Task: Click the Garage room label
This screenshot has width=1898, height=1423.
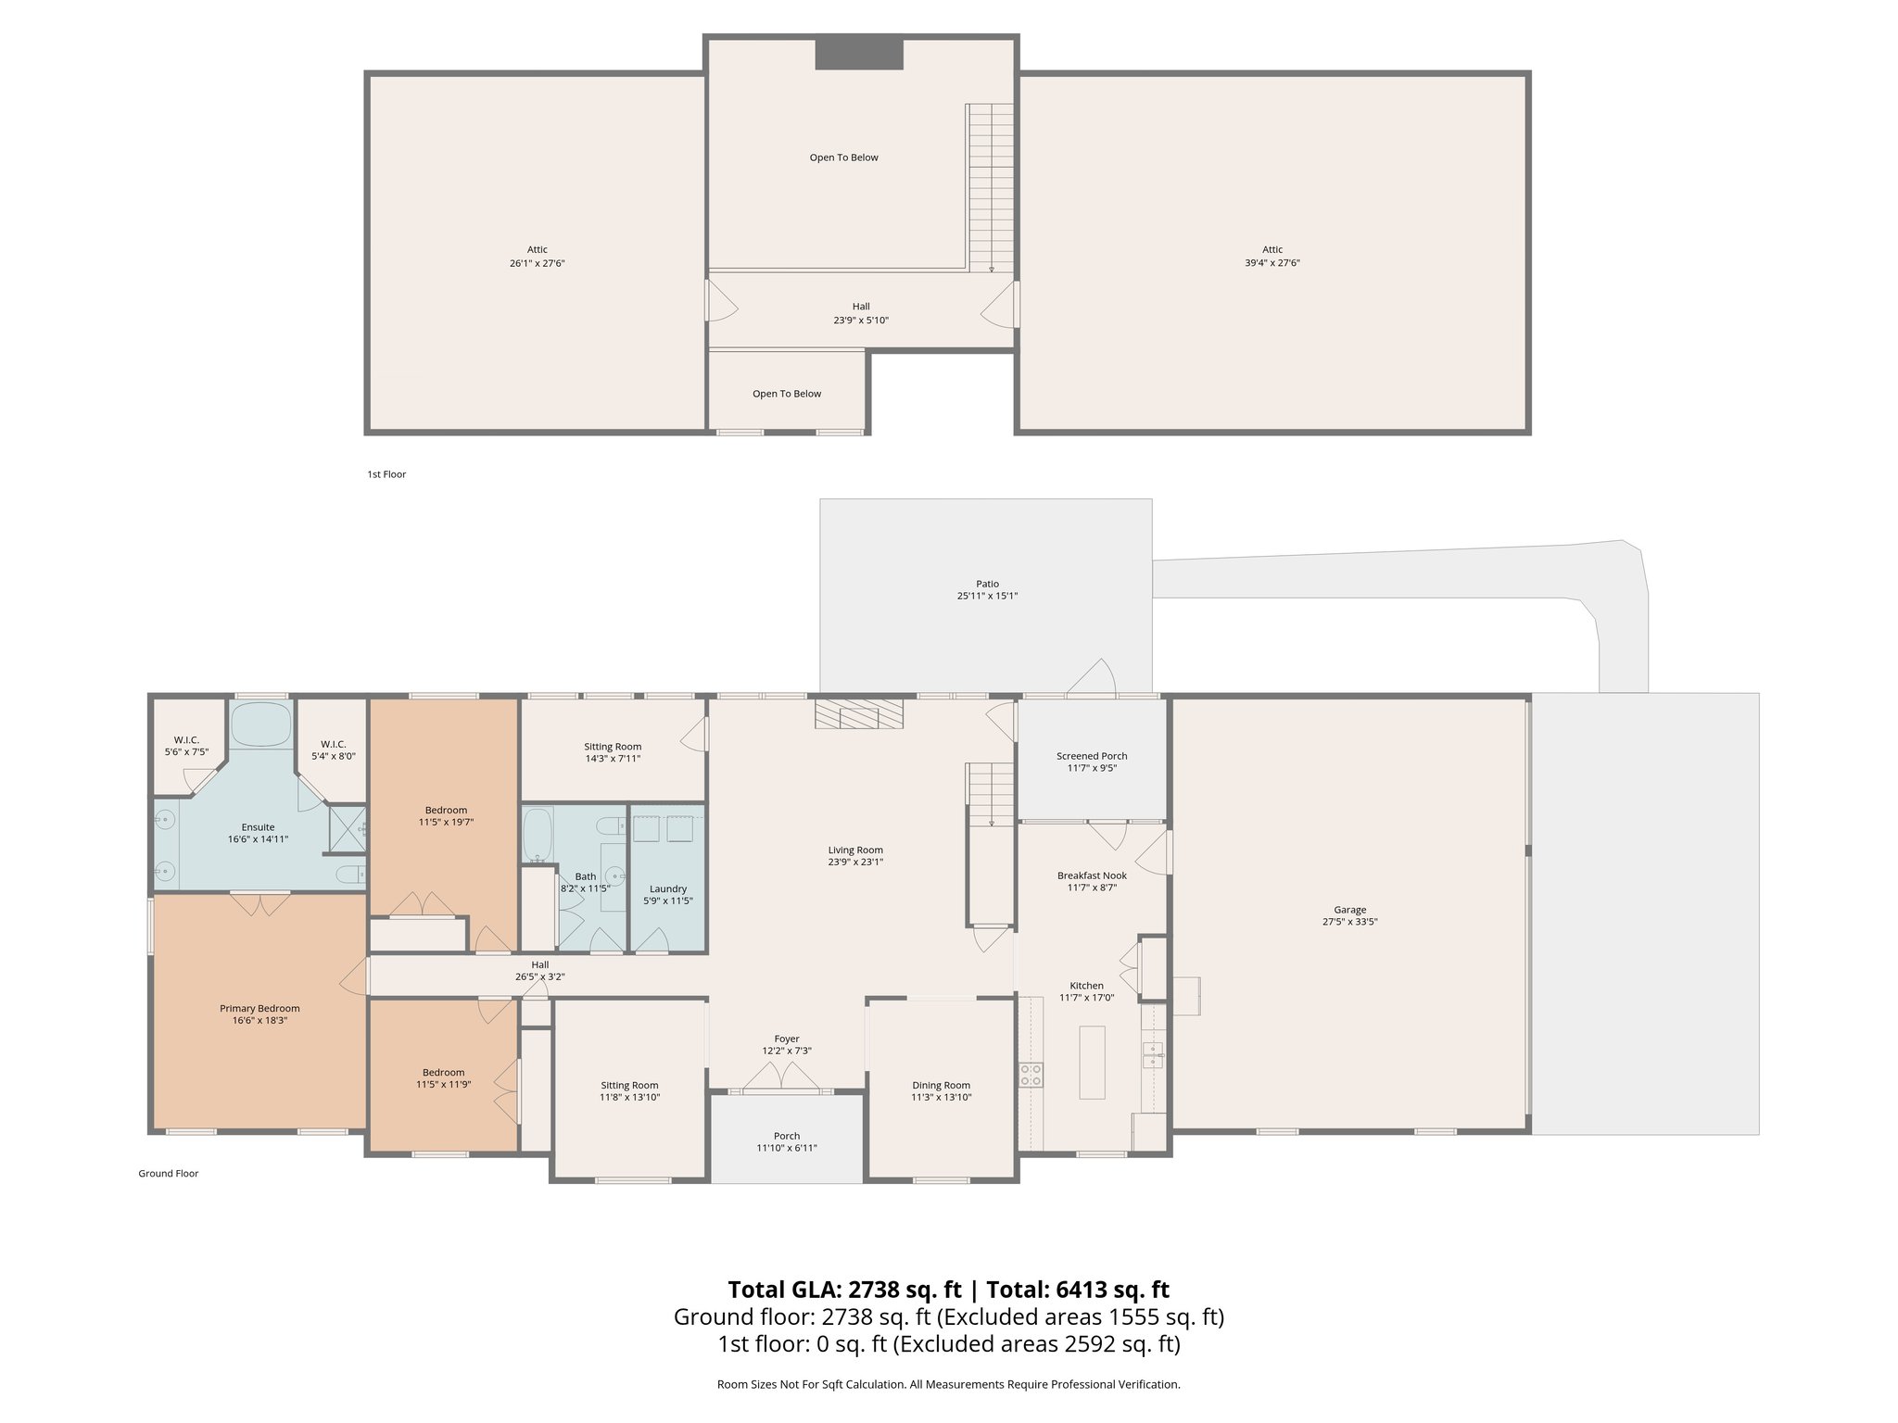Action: point(1349,910)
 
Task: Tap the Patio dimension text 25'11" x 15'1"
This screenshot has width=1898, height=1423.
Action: point(987,596)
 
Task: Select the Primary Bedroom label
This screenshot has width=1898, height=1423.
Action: point(259,1008)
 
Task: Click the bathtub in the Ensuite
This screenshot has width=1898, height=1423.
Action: point(259,724)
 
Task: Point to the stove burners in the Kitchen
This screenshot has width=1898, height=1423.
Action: point(1030,1075)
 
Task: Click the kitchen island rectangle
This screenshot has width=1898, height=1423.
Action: point(1092,1062)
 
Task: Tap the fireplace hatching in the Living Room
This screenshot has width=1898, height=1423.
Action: point(858,714)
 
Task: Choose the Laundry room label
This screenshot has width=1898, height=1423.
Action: point(667,888)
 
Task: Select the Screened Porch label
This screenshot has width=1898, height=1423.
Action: point(1092,756)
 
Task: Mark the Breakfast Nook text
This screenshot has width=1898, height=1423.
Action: point(1092,875)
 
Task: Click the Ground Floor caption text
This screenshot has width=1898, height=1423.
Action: point(169,1173)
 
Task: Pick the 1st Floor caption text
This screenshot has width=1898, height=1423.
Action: point(386,474)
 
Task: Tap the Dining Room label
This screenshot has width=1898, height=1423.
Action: point(941,1085)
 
